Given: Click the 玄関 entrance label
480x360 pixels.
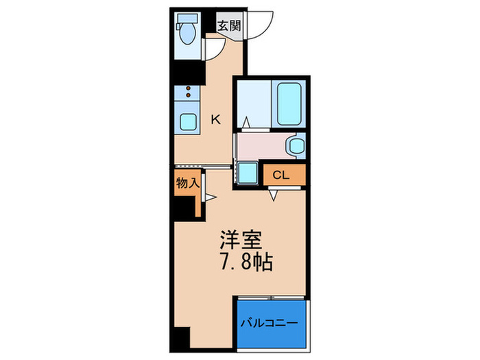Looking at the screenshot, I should click(x=228, y=26).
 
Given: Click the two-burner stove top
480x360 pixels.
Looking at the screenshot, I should click(x=187, y=93).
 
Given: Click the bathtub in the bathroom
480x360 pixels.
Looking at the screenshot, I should click(x=289, y=103).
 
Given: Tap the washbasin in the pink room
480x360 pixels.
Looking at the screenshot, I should click(x=296, y=145).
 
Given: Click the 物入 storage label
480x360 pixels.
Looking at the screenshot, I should click(x=187, y=183).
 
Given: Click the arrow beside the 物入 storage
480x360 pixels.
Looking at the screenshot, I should click(x=212, y=199).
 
